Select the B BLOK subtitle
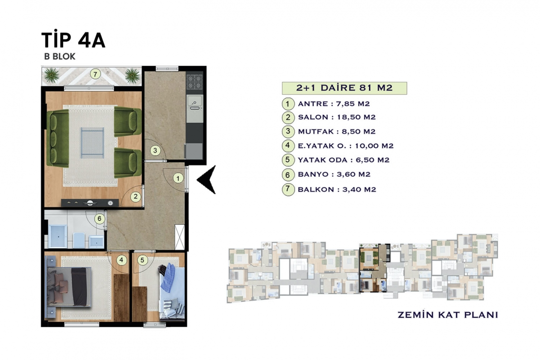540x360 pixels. pos(60,56)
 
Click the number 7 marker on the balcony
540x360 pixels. pos(95,74)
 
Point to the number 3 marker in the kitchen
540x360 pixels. pos(155,151)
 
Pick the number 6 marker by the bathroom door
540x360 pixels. pos(99,218)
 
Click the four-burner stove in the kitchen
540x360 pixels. pos(195,82)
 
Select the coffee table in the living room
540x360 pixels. pos(92,143)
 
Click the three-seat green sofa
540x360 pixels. pos(58,138)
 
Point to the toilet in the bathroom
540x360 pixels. pos(79,240)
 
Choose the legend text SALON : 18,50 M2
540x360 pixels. pos(336,117)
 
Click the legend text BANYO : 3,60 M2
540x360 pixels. pos(334,174)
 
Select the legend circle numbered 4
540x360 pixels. pos(288,145)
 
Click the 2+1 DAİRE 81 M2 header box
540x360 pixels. pos(344,88)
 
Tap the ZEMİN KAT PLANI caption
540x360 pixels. pos(448,315)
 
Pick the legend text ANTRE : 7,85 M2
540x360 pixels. pos(334,104)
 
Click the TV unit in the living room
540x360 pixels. pos(90,203)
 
